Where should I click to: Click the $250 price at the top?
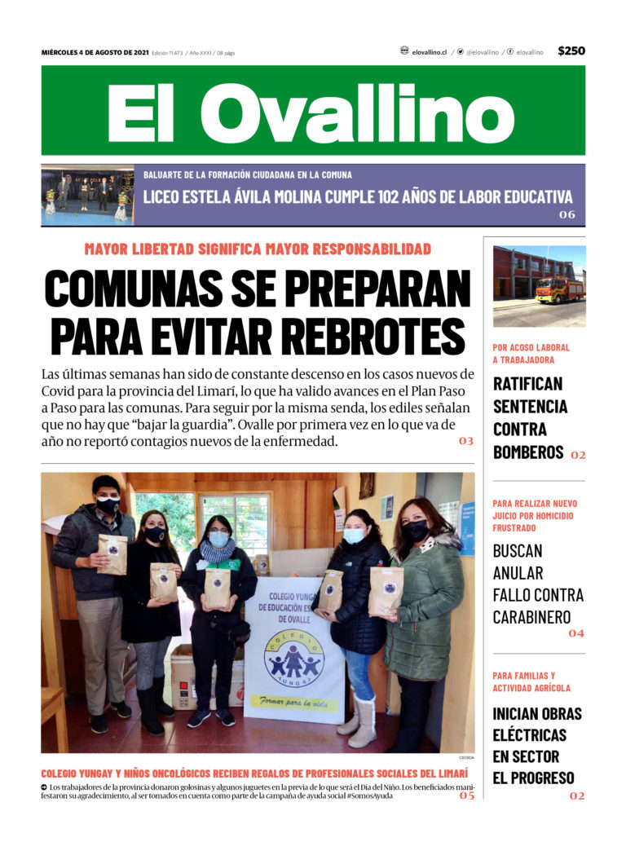[571, 51]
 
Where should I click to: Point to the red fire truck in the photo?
[559, 289]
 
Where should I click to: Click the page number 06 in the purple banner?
[566, 215]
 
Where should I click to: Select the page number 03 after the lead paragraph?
[465, 441]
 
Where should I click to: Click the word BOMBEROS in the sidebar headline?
[528, 452]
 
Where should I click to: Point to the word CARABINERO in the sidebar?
[537, 617]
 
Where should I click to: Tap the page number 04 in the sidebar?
[576, 633]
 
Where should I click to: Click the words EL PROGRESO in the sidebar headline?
[533, 778]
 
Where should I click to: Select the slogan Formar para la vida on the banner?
[294, 700]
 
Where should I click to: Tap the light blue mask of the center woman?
[218, 538]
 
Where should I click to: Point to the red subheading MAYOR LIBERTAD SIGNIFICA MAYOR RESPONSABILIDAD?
[258, 249]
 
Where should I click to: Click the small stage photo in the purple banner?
[87, 196]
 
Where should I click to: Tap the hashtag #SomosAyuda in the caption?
[370, 796]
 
